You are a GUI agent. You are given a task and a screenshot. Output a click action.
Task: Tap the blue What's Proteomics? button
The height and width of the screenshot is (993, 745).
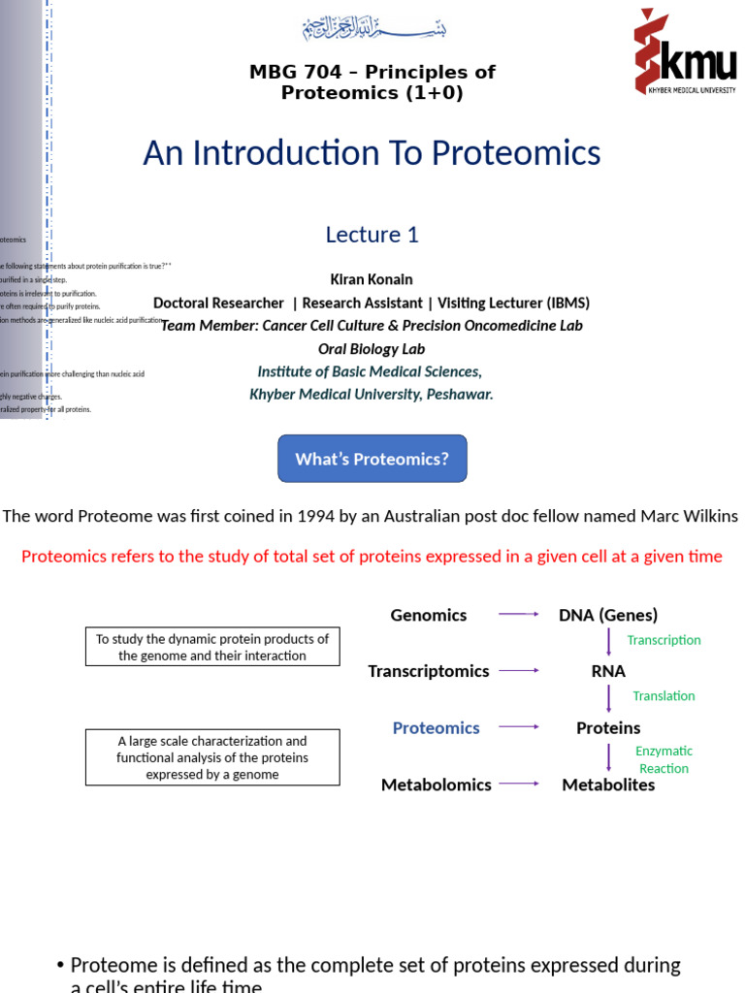click(x=372, y=460)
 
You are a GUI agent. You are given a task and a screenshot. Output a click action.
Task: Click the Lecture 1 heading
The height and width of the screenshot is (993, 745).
click(x=372, y=235)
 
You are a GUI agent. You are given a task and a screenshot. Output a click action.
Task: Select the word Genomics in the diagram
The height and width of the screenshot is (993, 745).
click(x=428, y=615)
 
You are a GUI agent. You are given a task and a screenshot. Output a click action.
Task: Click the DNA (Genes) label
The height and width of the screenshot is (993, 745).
click(x=608, y=615)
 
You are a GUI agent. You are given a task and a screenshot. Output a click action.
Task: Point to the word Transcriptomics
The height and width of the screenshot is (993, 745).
click(x=429, y=671)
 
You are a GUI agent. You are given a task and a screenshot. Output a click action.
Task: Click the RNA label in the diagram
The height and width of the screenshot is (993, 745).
click(x=608, y=671)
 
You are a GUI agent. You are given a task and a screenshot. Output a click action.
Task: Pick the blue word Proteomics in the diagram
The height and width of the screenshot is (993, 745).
click(x=436, y=728)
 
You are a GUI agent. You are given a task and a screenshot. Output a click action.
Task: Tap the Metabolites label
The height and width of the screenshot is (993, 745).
click(x=608, y=785)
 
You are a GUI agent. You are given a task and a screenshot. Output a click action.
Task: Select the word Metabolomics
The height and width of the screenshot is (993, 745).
click(x=436, y=785)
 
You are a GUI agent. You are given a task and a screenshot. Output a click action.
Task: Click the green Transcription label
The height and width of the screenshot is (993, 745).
click(x=664, y=640)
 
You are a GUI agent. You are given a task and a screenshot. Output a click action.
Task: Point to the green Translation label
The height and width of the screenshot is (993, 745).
click(x=664, y=696)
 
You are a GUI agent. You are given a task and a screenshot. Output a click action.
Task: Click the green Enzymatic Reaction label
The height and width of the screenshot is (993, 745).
click(x=664, y=759)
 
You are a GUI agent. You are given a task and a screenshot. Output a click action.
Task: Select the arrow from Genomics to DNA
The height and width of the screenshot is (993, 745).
click(x=518, y=614)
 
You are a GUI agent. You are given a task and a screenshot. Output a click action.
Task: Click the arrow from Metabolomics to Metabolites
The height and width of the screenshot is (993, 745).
click(x=518, y=784)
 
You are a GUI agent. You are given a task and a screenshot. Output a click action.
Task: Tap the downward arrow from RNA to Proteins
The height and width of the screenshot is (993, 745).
click(x=609, y=698)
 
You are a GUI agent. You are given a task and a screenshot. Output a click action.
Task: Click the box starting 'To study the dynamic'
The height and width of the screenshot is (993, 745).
click(x=212, y=647)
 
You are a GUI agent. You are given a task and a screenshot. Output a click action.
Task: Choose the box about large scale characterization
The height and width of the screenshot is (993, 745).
click(x=212, y=757)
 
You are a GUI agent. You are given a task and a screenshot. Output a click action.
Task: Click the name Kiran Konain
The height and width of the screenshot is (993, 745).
click(x=372, y=279)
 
